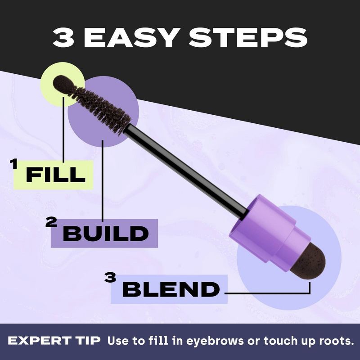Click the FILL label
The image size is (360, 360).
coord(55,175)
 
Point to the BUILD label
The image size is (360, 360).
coord(105,234)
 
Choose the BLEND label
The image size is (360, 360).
coord(171,290)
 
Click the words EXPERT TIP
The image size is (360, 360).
coord(55,341)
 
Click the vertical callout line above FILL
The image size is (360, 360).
coord(63,130)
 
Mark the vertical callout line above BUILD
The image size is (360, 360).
coord(103,180)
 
